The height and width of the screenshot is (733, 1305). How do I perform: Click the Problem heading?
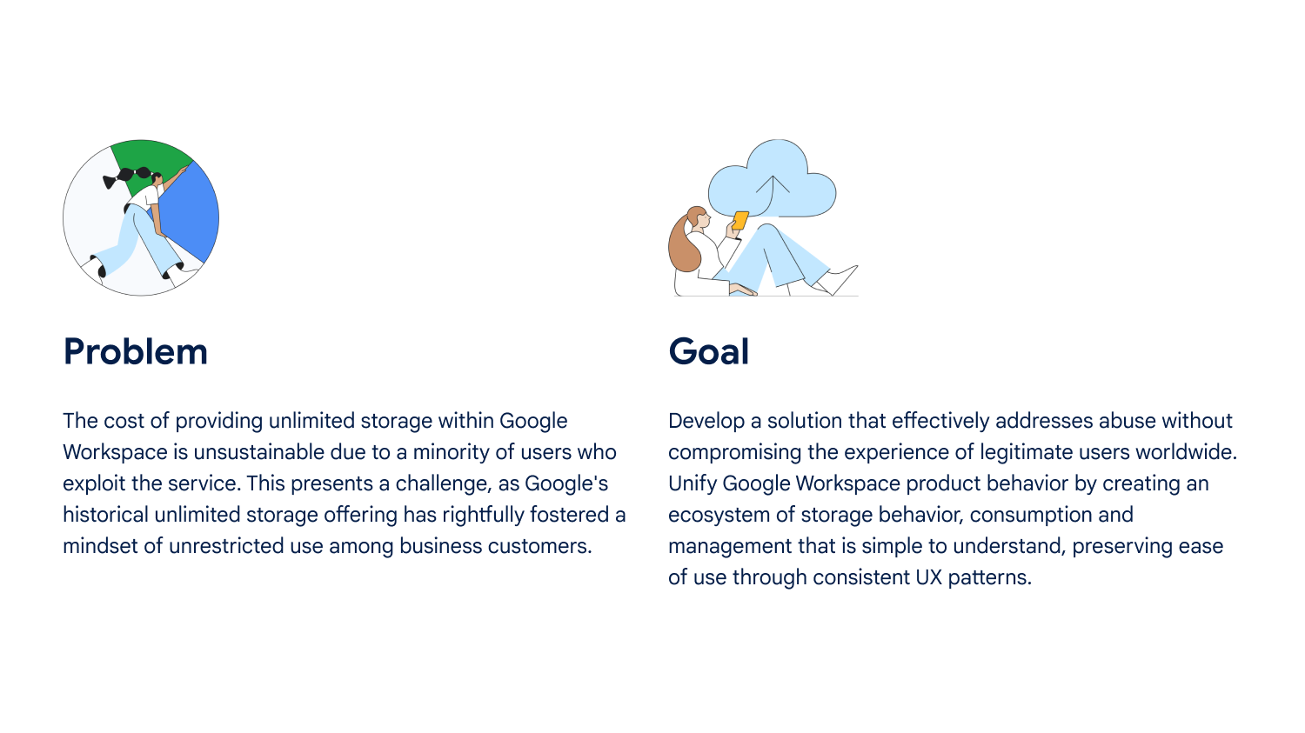coord(135,351)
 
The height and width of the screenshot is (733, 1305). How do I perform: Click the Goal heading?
coord(708,351)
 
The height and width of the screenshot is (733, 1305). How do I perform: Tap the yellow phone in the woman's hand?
coord(739,221)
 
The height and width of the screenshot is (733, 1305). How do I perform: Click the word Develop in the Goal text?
coord(706,421)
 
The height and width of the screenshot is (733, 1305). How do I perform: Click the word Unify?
coord(693,483)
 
